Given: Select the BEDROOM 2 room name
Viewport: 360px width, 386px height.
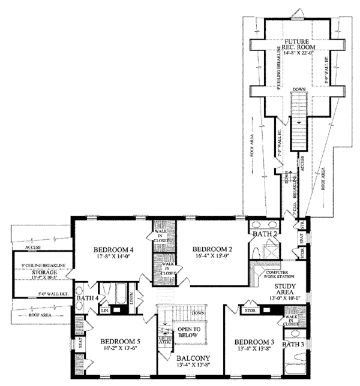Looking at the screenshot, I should (x=212, y=249).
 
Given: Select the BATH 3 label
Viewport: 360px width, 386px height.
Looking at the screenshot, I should (x=293, y=345).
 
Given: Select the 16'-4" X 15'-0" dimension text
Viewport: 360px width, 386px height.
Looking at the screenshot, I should (x=212, y=256).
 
